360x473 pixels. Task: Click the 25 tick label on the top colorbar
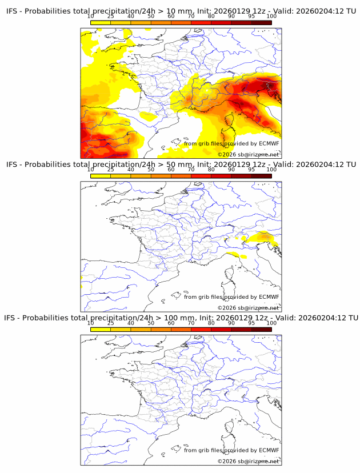click(x=110, y=16)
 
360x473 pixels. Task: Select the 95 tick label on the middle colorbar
click(x=251, y=170)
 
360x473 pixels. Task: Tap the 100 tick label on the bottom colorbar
click(x=271, y=323)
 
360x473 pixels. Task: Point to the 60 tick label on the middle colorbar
click(x=171, y=170)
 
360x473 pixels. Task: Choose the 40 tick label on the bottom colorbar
click(x=131, y=323)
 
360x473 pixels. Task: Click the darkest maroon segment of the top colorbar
click(x=262, y=22)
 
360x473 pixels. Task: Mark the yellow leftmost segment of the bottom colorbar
click(x=101, y=330)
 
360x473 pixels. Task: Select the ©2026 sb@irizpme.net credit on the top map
click(x=248, y=154)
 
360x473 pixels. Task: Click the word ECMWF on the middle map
click(x=269, y=296)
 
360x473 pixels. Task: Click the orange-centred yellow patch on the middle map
click(x=264, y=236)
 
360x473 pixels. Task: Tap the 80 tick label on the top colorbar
click(x=211, y=16)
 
